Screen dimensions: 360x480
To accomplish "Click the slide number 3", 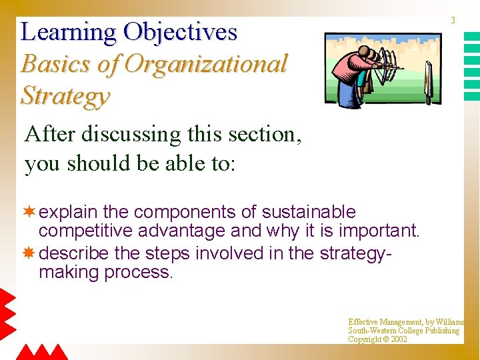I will [453, 21].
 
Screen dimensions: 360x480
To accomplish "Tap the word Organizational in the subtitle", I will [206, 65].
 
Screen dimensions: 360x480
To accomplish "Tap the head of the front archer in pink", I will [363, 52].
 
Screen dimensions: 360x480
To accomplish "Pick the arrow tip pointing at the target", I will [402, 68].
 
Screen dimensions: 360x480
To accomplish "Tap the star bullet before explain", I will [29, 212].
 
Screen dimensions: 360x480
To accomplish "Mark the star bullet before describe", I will [29, 253].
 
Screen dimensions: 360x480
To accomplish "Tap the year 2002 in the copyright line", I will [399, 339].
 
